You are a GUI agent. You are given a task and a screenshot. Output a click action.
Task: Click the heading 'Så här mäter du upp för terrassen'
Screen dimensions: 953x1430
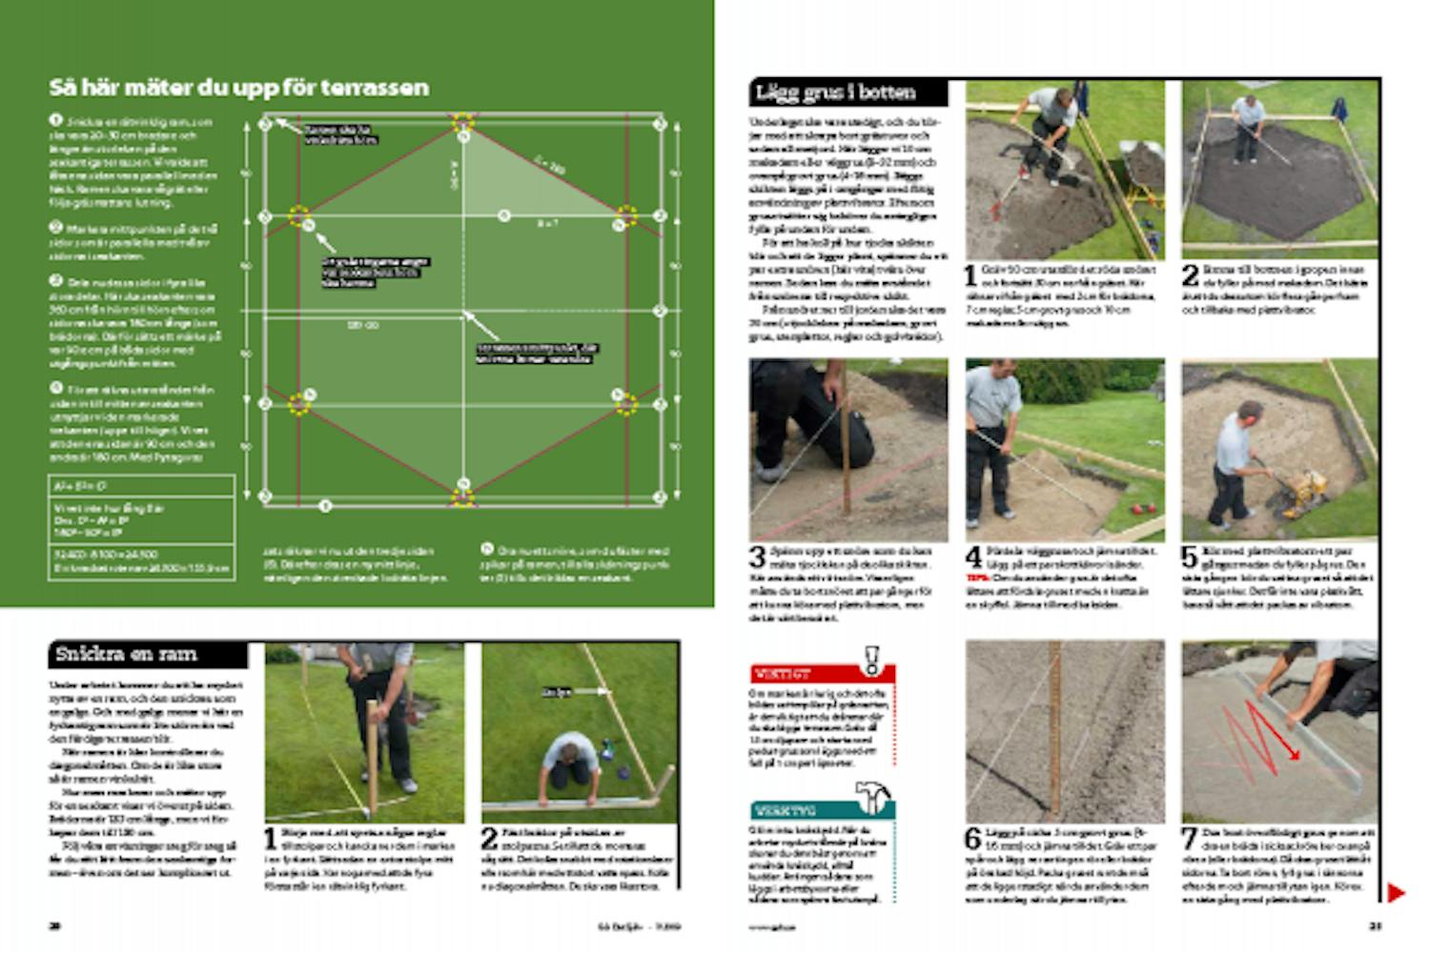point(238,88)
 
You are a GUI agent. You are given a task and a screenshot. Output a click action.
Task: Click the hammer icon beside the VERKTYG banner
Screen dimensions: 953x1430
point(872,798)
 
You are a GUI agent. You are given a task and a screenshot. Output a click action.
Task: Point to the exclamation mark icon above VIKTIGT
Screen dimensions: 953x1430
point(870,659)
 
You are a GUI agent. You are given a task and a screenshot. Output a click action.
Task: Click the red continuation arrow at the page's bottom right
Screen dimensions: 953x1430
point(1395,893)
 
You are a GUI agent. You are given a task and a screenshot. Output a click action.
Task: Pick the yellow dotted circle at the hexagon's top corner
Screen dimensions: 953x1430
point(462,122)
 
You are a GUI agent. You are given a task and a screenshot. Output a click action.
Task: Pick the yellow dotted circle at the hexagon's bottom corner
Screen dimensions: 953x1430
point(462,496)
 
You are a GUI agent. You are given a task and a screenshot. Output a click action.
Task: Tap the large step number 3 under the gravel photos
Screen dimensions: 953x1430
point(758,557)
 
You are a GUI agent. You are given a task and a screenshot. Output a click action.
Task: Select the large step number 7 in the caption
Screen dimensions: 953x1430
point(1191,838)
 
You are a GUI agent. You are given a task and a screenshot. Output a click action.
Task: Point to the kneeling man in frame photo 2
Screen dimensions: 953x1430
point(569,762)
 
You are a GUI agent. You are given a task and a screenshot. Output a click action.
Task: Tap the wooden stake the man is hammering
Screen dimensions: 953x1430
point(372,753)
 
